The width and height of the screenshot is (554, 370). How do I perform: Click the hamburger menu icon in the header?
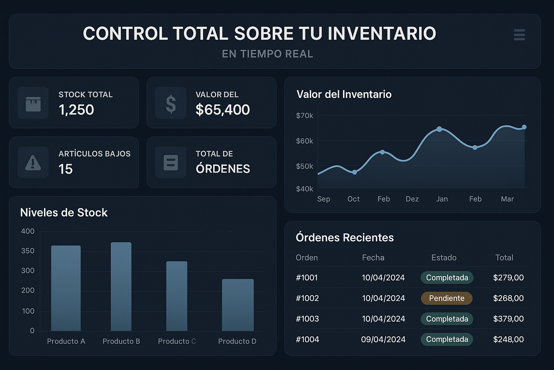519,35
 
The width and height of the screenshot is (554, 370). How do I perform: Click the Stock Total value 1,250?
76,109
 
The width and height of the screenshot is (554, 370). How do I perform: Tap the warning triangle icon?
33,163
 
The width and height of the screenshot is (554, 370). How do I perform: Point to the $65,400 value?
222,109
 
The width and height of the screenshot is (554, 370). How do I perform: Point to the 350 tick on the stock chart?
28,251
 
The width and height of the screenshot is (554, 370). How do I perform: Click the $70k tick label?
304,116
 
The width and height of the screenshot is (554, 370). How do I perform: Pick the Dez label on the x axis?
412,199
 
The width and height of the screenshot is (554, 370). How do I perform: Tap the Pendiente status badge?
447,298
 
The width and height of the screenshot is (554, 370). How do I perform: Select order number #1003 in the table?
307,319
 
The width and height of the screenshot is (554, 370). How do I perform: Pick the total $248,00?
508,339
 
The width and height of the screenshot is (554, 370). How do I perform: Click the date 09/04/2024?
383,339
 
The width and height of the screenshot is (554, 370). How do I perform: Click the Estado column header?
444,258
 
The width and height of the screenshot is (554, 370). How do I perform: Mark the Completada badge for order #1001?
447,277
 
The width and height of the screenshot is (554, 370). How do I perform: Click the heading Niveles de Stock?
64,212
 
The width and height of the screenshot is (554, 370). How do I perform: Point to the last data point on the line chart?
524,127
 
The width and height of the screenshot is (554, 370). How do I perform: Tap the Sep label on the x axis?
324,199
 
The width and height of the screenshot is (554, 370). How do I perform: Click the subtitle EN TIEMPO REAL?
267,54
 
